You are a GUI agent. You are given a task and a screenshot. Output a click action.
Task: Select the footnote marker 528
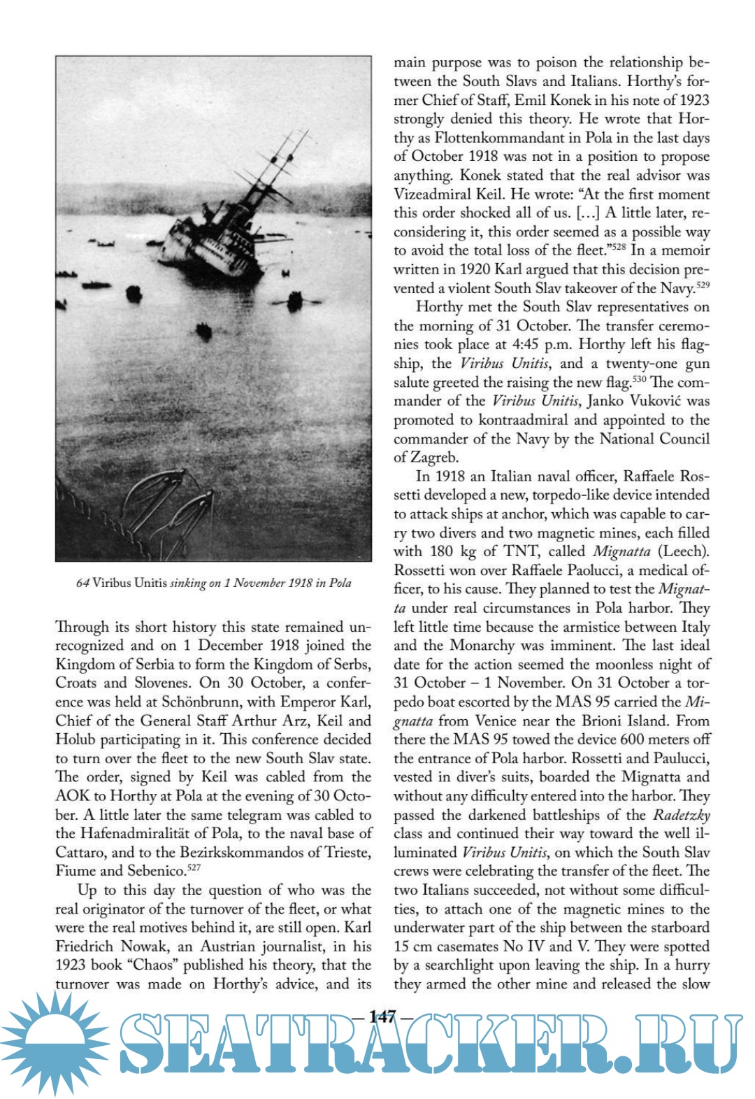(619, 247)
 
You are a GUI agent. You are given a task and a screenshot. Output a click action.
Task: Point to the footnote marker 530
(639, 379)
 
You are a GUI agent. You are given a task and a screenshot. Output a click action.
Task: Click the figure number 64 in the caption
(82, 583)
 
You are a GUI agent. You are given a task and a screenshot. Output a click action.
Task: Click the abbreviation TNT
(517, 551)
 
